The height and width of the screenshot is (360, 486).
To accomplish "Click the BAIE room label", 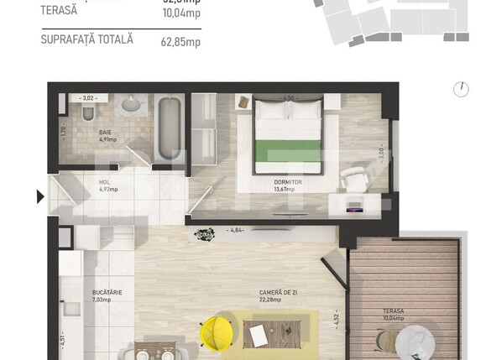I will point(105,132).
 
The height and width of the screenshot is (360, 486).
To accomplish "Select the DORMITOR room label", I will point(287,181).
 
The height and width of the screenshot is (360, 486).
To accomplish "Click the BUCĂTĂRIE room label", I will point(107,293).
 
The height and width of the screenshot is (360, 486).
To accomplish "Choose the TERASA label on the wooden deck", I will point(393,313).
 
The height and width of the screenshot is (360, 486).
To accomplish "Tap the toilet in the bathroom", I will point(86,113).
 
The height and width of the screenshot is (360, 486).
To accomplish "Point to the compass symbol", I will point(461,89).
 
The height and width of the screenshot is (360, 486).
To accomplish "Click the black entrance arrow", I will point(39,198).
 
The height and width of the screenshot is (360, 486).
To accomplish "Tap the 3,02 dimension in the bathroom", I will point(89,97).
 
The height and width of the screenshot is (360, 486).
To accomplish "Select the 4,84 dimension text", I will point(236,230).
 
